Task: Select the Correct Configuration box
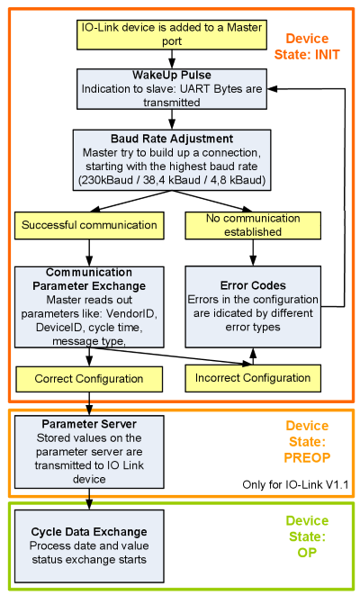(x=76, y=378)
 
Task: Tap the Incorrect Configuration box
(x=253, y=378)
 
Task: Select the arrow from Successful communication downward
(x=89, y=250)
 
